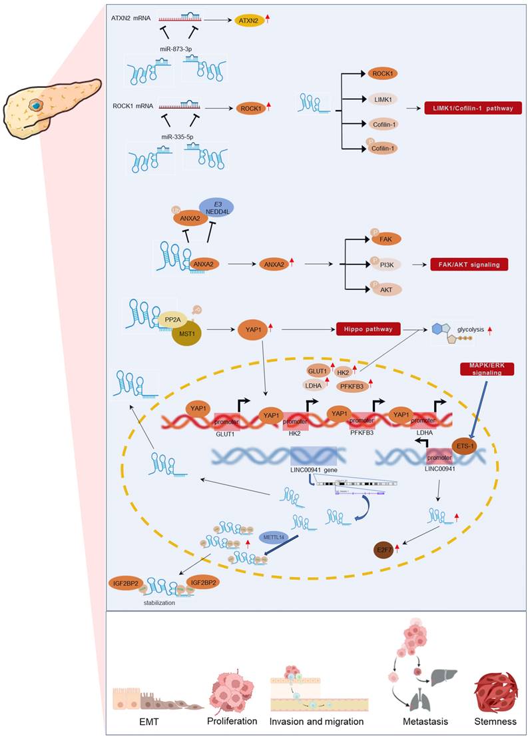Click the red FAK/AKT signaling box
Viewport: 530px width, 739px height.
tap(465, 265)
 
